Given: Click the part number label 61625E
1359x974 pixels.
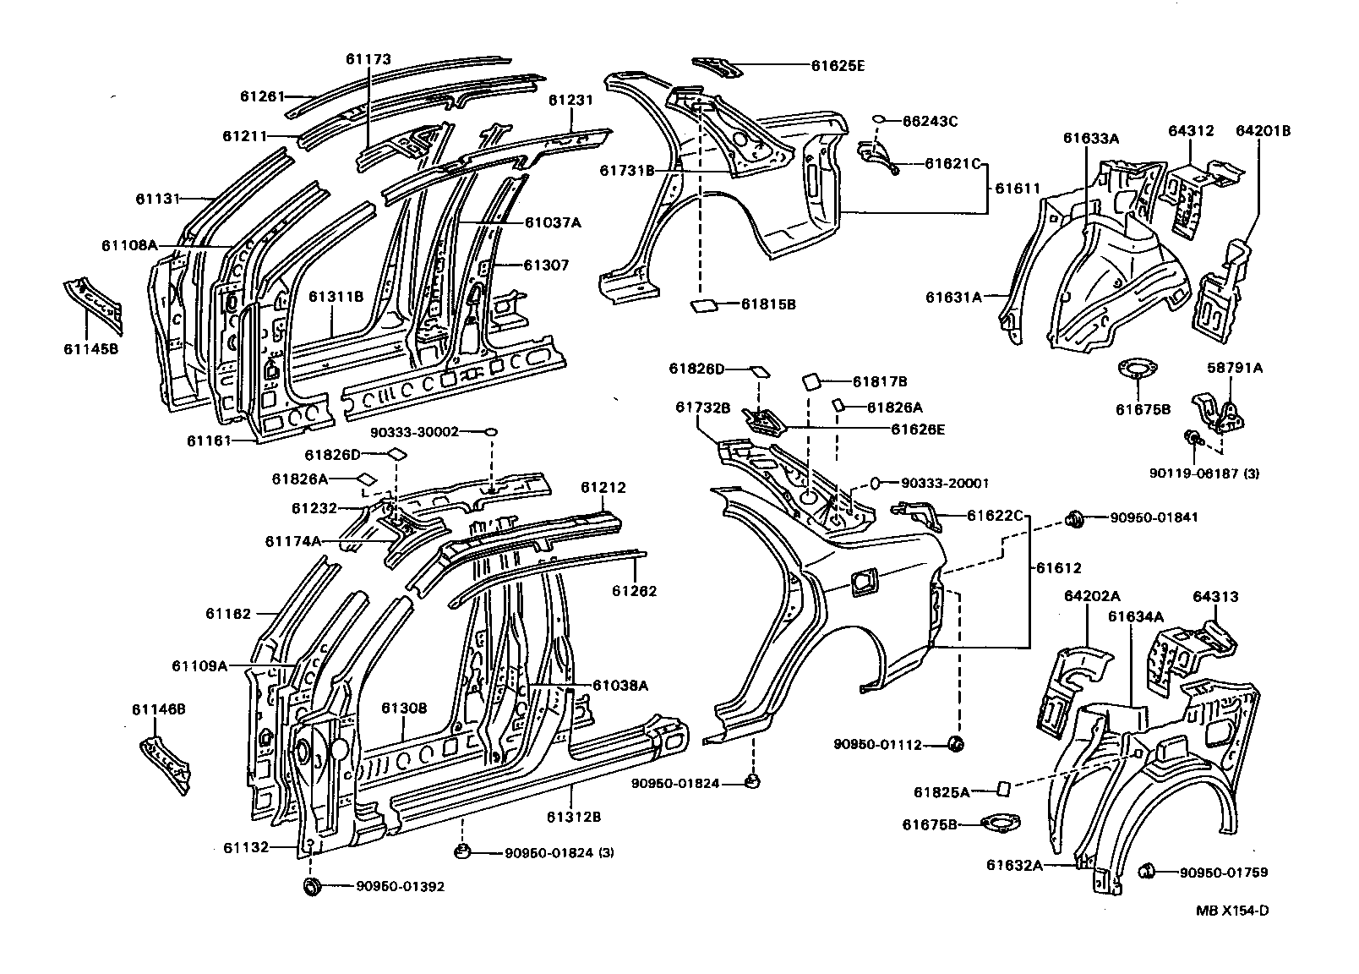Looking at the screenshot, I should (x=838, y=65).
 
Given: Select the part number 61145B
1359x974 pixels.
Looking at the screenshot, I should (x=90, y=347).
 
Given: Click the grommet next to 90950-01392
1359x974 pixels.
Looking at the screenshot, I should (x=311, y=886).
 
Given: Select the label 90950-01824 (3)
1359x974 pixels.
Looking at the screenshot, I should (x=559, y=852).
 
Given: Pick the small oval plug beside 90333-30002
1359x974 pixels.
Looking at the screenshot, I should (x=491, y=432).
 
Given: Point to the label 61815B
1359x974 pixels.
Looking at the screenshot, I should (x=769, y=304).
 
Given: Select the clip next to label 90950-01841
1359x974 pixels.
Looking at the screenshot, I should (x=1076, y=517).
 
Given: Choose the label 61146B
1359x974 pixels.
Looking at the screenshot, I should (x=158, y=710).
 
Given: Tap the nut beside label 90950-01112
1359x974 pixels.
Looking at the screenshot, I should (x=957, y=744).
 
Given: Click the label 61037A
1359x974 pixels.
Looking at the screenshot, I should (x=553, y=222).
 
